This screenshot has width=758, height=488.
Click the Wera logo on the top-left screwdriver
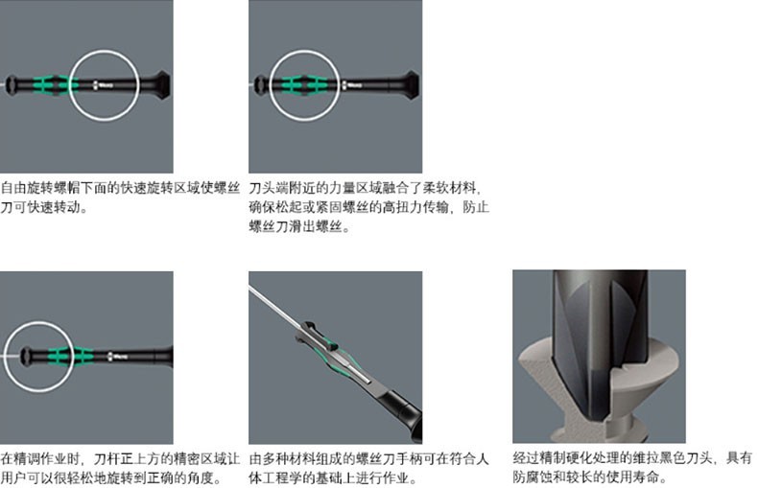click(x=103, y=85)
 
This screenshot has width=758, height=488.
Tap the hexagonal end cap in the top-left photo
click(x=161, y=85)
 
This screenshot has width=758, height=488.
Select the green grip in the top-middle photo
click(x=301, y=84)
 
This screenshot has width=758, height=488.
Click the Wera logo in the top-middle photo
click(x=352, y=85)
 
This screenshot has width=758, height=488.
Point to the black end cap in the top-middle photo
click(x=411, y=85)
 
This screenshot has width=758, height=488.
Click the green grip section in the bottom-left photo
click(x=71, y=356)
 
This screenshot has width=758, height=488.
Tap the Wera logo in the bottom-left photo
click(x=117, y=357)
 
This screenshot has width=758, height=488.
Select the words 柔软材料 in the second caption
click(x=449, y=188)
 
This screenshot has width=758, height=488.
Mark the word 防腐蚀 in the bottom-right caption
click(x=533, y=476)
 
